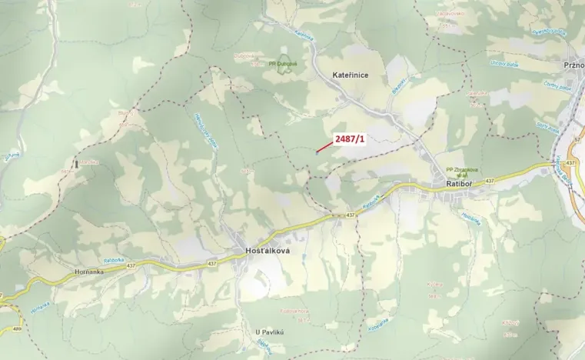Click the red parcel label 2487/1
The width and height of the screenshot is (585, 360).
click(x=350, y=138)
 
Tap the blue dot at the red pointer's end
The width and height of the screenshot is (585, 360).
click(x=316, y=152)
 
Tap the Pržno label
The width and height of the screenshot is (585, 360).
click(x=573, y=66)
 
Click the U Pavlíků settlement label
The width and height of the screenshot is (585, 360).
click(x=271, y=332)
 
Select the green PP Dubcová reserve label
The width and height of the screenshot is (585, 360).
click(x=283, y=64)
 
